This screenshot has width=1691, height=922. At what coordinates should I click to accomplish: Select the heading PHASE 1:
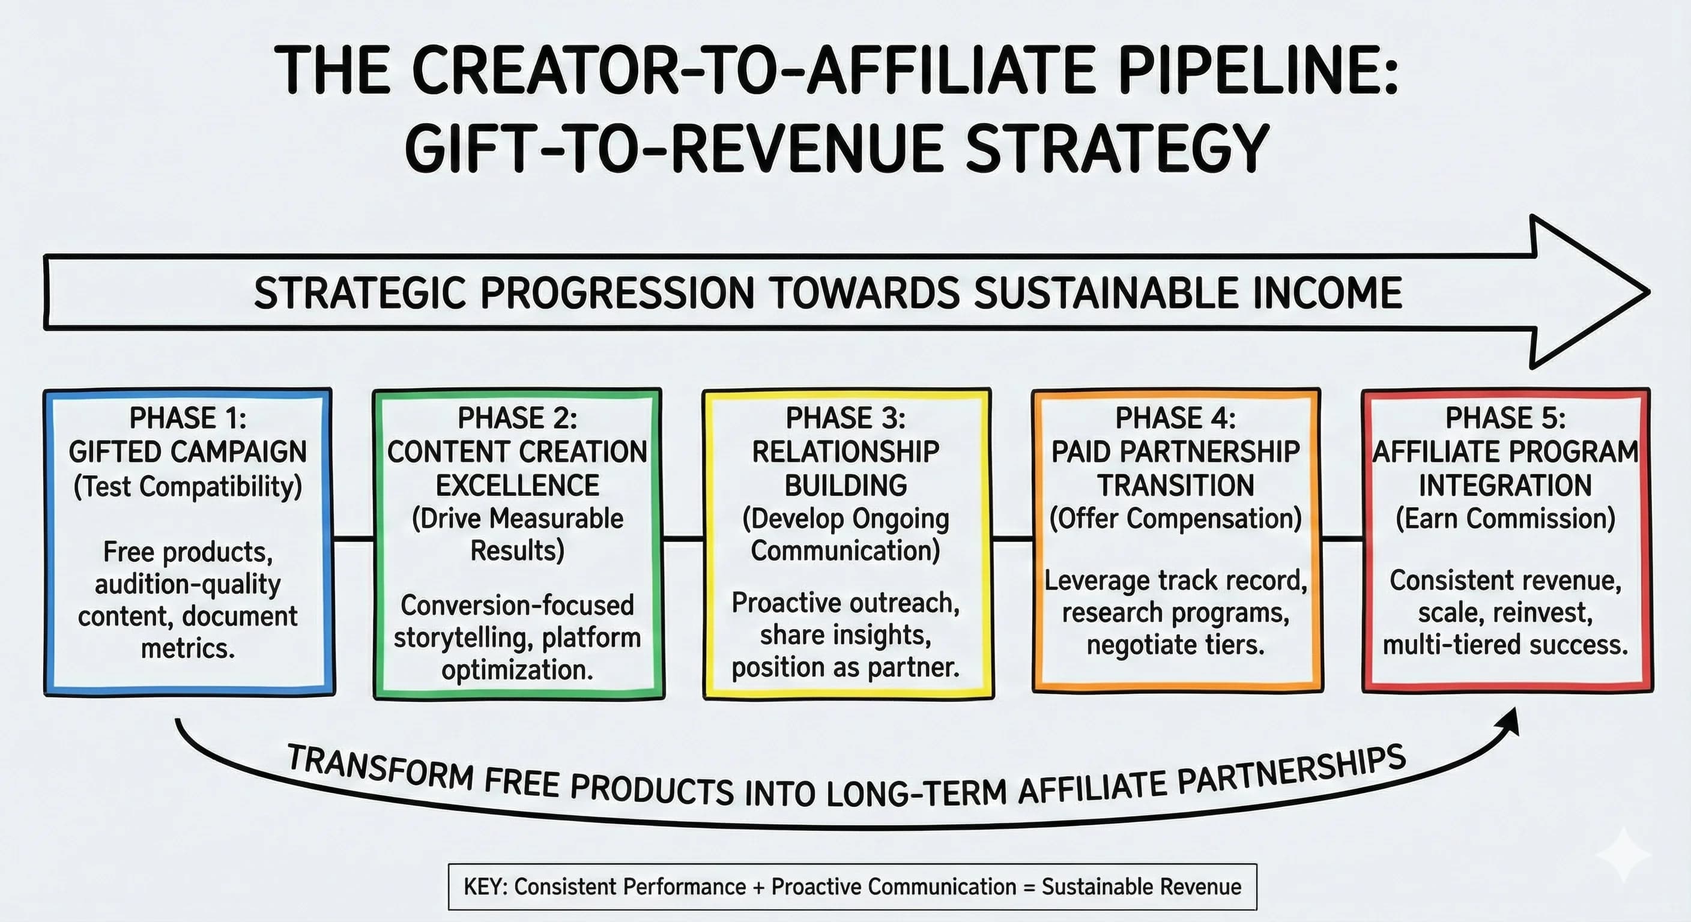coord(188,418)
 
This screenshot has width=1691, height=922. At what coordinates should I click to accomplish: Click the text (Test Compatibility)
coord(188,486)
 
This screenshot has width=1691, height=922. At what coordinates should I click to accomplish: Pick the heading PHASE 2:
coord(517,418)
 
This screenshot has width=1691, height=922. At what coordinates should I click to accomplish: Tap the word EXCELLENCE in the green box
coord(517,486)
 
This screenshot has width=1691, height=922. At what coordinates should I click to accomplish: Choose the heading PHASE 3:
coord(846,418)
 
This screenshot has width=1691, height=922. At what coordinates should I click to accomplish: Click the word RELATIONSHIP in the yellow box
coord(846,451)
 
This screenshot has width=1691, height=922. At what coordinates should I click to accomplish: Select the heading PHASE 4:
coord(1176,418)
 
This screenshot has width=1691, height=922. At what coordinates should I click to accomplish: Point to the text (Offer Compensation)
coord(1176,519)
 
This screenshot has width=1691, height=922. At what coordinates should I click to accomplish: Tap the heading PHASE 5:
coord(1505,418)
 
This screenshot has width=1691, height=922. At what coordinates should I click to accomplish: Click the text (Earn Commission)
coord(1505,519)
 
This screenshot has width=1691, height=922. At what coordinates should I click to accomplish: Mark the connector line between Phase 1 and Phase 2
coord(354,539)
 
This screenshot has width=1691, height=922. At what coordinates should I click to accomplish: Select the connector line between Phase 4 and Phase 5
coord(1342,539)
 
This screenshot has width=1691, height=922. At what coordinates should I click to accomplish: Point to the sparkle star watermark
coord(1623,854)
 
